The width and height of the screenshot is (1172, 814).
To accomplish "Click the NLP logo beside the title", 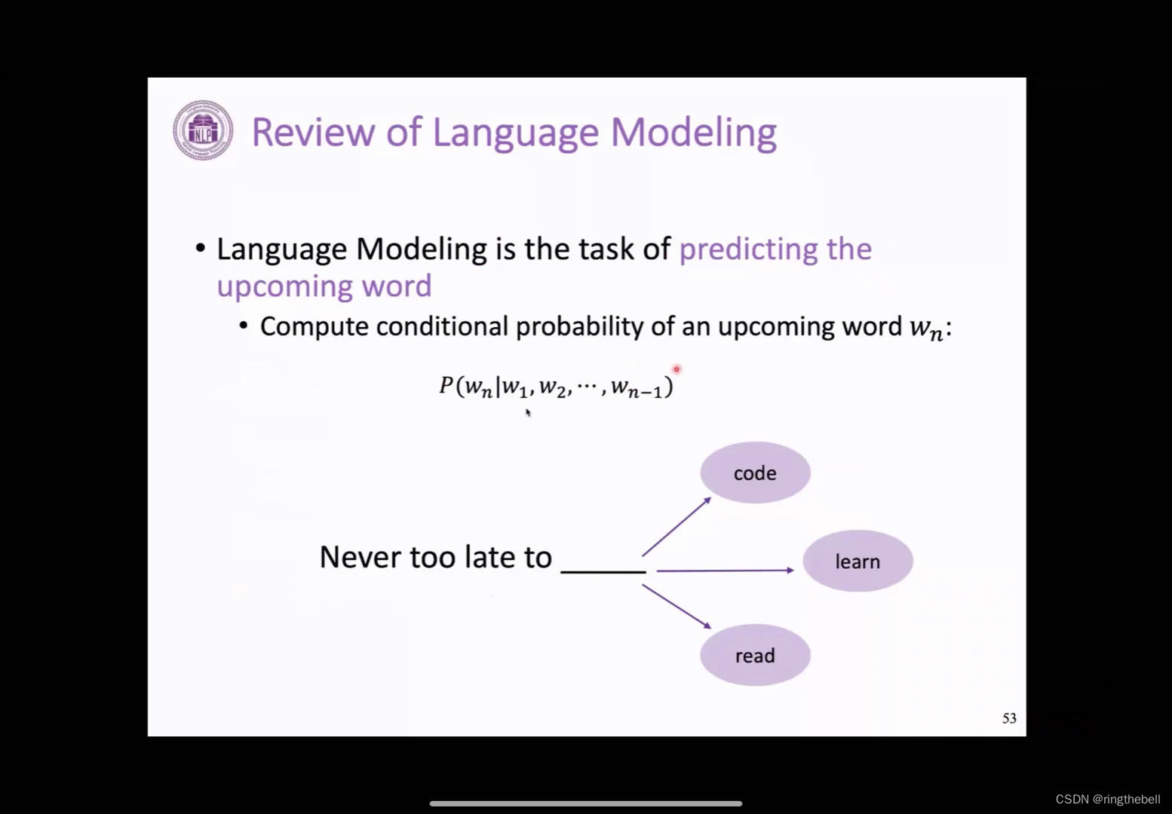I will pos(202,130).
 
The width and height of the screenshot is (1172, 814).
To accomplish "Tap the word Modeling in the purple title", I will pos(693,132).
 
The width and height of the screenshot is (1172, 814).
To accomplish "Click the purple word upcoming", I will pos(284,286).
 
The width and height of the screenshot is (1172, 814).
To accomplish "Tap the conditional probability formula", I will pos(556,387).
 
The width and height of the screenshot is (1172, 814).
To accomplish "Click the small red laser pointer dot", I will pos(677,369).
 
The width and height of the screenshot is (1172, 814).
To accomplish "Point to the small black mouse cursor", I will pos(528,412).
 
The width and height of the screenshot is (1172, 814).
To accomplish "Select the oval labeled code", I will pos(755,473).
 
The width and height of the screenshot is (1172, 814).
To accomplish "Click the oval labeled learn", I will pos(858,562).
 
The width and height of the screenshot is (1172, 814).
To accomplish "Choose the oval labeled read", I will pos(755,656).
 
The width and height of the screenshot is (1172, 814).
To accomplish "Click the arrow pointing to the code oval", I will pos(677,526).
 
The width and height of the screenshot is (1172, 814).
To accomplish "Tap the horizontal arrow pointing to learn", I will pos(724,571).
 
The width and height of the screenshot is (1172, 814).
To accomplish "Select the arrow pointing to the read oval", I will pos(677,607).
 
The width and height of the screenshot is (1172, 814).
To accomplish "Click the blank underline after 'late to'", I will pos(603,571).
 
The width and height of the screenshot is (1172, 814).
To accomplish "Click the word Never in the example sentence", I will pos(360,558).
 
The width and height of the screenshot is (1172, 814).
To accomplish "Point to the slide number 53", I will pos(1009,718).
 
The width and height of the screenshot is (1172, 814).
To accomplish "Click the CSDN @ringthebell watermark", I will pos(1107,799).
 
